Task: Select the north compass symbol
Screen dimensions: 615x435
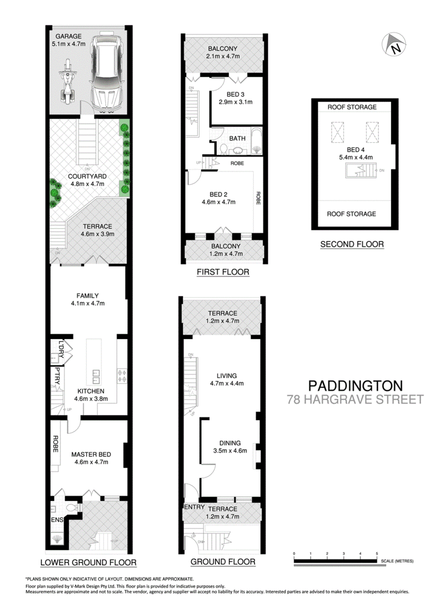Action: coord(394,44)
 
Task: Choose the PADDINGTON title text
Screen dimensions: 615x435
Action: coord(355,385)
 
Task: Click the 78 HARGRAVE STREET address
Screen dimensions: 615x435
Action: coord(355,399)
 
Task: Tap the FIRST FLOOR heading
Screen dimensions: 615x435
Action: coord(223,272)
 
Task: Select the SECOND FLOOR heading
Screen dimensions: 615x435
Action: coord(352,244)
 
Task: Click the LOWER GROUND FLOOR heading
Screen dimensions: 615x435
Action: coord(88,562)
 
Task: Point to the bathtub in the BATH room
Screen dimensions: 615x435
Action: coord(256,140)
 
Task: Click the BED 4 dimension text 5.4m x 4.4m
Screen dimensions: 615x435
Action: coord(352,157)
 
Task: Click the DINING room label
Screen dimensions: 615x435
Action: coord(230,443)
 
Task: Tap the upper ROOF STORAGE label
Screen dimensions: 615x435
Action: coord(352,107)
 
